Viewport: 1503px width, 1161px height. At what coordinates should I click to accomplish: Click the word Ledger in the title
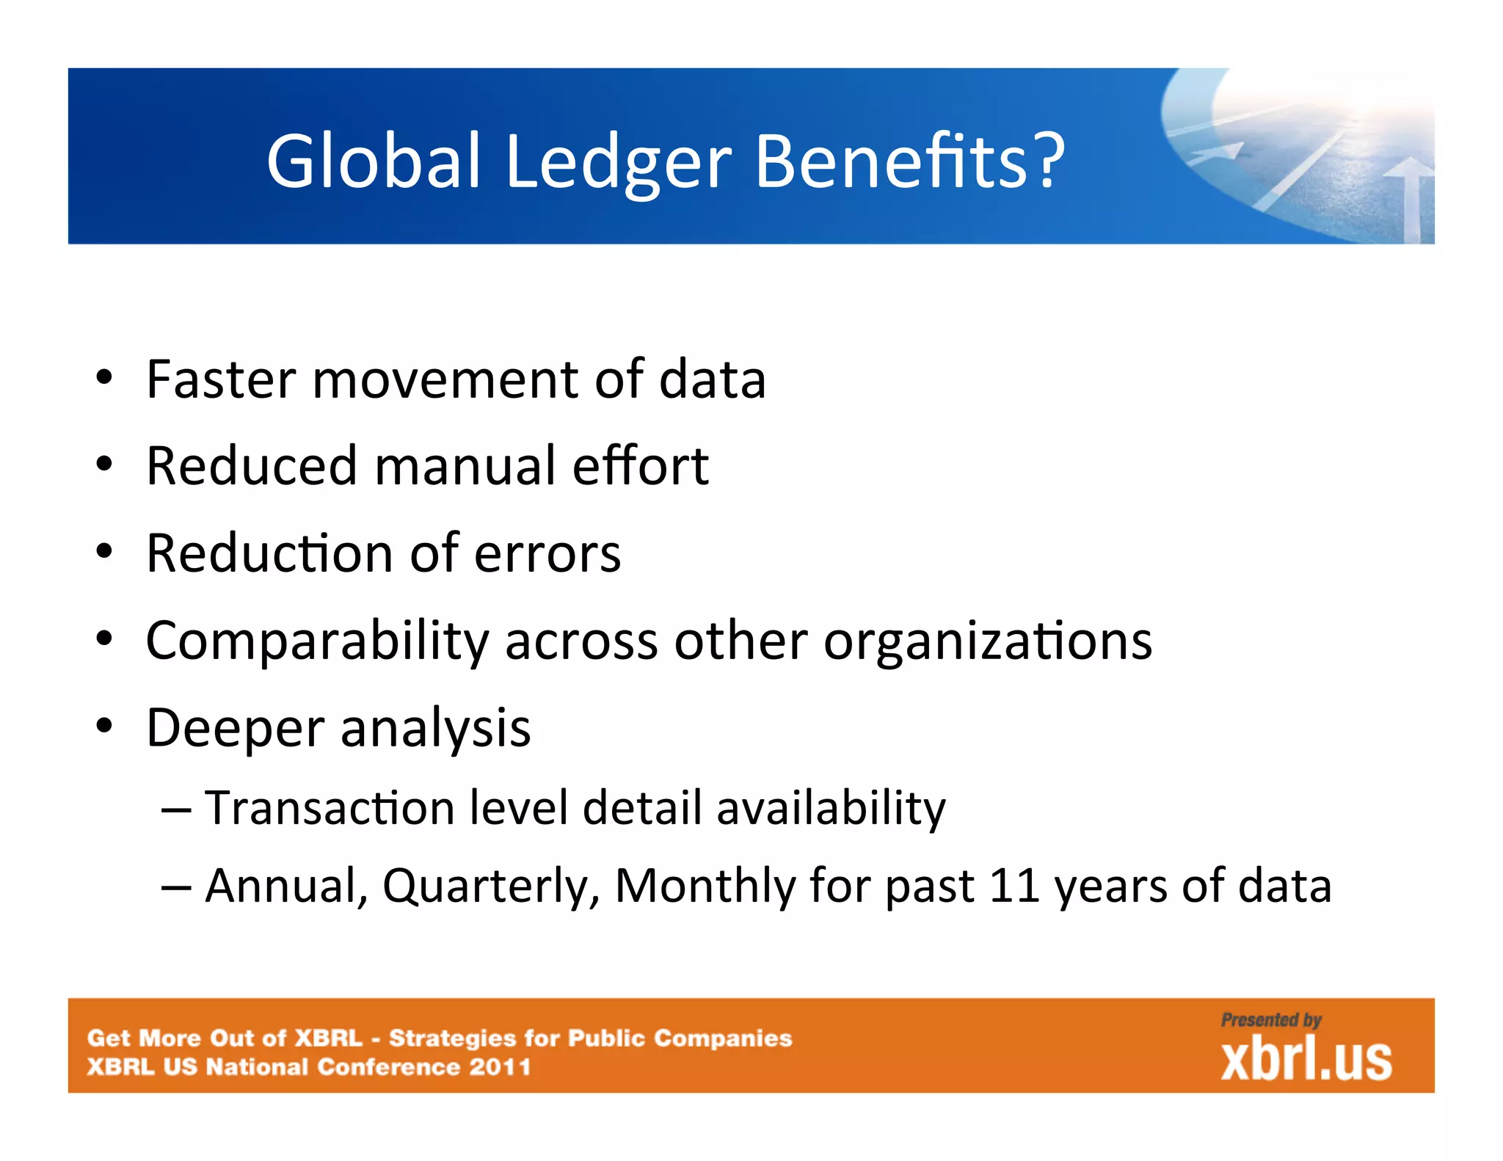tap(618, 161)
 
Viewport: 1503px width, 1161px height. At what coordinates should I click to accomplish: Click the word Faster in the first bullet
tap(220, 379)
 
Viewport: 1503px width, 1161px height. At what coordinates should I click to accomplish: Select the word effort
tap(640, 466)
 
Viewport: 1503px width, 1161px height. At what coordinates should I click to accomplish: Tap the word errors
tap(547, 553)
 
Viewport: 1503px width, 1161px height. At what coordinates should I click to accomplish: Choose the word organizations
tap(987, 641)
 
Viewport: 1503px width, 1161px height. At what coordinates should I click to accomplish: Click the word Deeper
tap(235, 728)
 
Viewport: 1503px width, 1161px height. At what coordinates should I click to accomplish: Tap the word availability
tap(831, 809)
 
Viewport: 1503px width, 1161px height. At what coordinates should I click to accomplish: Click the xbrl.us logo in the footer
tap(1306, 1059)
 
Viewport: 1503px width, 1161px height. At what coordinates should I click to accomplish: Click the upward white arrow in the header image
tap(1410, 198)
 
